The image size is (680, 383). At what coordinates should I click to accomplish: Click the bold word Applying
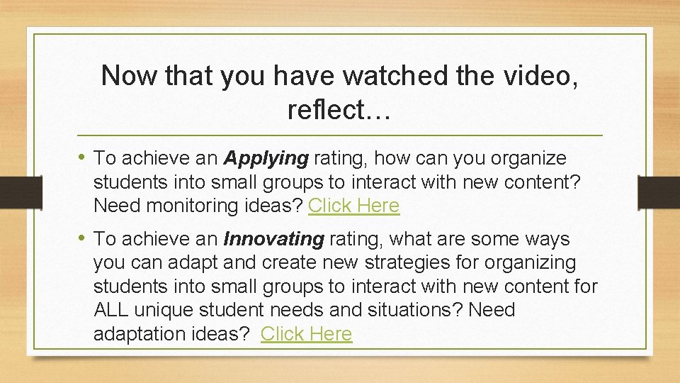coord(266,157)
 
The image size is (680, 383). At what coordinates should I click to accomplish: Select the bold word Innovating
coord(273,239)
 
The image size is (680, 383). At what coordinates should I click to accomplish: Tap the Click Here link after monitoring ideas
coord(353,206)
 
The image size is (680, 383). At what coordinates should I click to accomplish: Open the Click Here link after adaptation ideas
coord(306,334)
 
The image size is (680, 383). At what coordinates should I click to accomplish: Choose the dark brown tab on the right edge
coord(659,191)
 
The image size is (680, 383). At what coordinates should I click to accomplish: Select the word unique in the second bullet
coord(166,310)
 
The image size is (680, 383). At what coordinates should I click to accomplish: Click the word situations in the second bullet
coord(411,310)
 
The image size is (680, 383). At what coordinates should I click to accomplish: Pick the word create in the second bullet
coord(285,262)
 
